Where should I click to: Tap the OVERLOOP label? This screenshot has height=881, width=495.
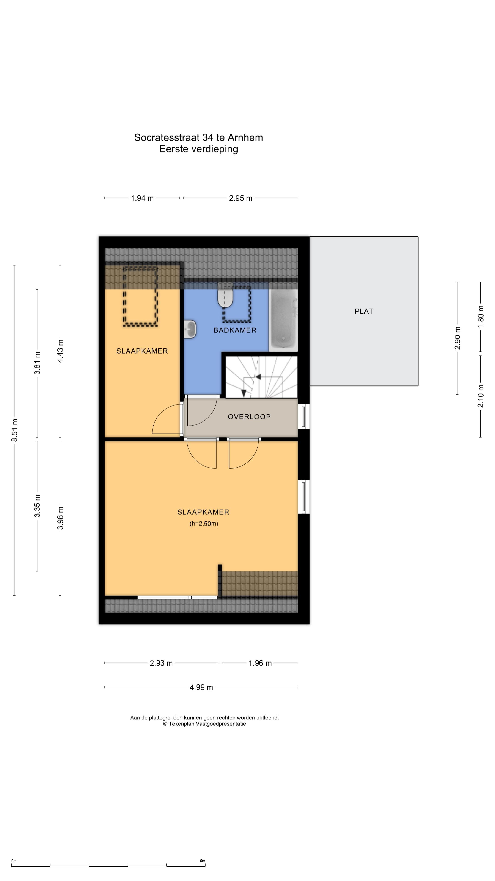[x=249, y=417]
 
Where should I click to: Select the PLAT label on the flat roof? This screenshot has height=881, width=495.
[x=364, y=311]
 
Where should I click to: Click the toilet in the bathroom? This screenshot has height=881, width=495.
[x=225, y=296]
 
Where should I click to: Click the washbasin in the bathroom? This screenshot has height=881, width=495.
[x=190, y=329]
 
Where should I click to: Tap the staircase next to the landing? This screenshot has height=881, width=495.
[x=261, y=377]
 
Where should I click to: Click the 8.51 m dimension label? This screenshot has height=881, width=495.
[x=14, y=430]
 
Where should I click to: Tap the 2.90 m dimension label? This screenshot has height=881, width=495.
[x=457, y=338]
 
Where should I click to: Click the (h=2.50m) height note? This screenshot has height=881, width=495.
[x=204, y=523]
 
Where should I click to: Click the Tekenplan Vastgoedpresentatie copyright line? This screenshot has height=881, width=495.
[x=204, y=724]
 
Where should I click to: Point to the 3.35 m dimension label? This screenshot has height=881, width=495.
[x=37, y=506]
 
